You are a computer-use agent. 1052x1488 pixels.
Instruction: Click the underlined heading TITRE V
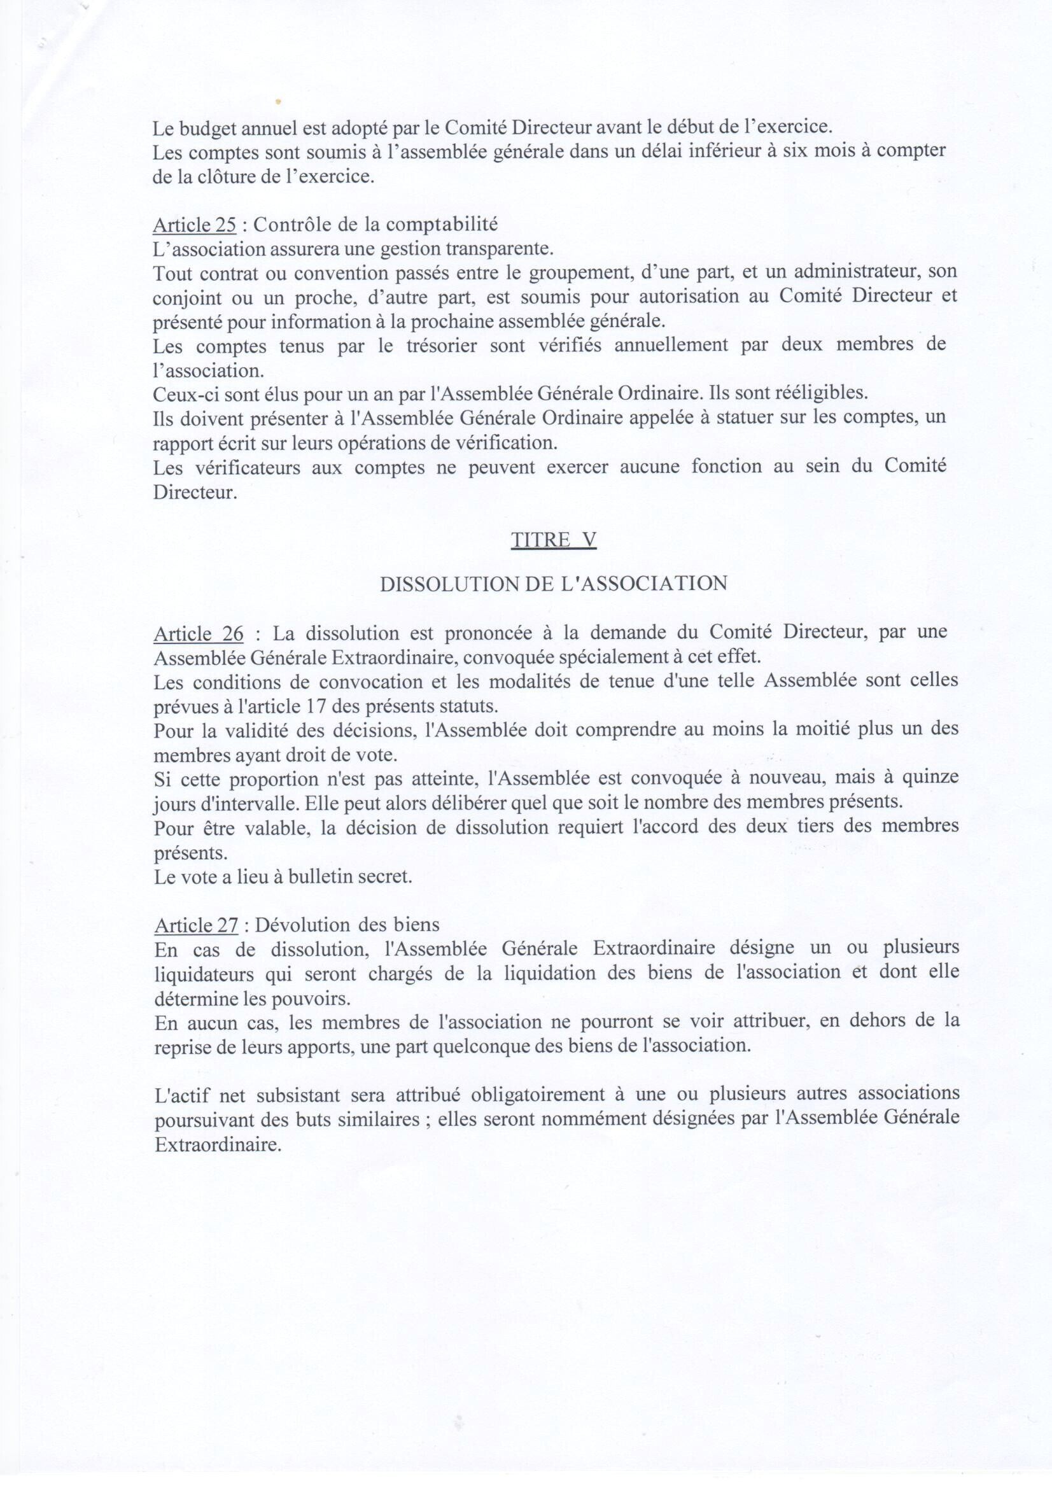point(553,540)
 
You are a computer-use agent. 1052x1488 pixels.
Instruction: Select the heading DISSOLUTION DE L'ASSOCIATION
point(553,584)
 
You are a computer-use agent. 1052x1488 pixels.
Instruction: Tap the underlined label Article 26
point(199,633)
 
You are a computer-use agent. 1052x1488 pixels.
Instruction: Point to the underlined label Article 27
point(197,925)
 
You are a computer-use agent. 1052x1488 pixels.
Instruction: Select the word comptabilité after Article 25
point(443,225)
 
